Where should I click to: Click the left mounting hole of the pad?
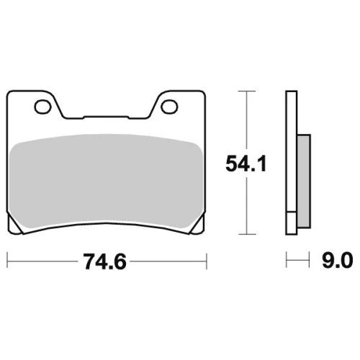point(43,107)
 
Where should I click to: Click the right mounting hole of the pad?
point(169,107)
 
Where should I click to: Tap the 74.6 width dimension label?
point(104,261)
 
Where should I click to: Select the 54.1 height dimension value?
point(246,163)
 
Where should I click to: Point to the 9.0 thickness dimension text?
point(337,260)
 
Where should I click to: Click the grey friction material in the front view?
point(107,181)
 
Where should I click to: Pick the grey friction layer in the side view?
point(304,181)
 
